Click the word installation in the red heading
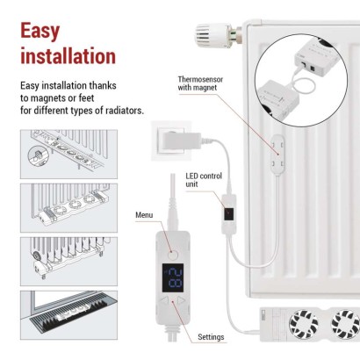pos(68,57)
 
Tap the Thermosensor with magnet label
pos(202,83)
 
